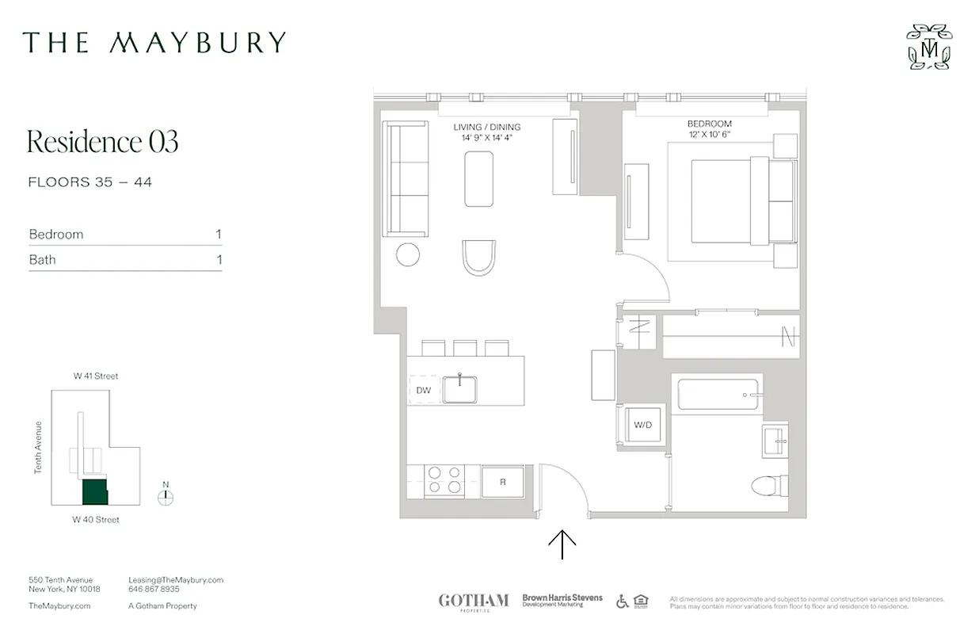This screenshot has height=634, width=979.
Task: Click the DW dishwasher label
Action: click(x=423, y=390)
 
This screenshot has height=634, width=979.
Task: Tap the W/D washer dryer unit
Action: click(x=642, y=426)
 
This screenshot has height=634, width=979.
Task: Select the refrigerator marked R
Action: click(x=502, y=481)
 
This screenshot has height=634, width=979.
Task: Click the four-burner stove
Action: click(x=444, y=481)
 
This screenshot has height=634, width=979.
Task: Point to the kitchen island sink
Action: click(x=459, y=389)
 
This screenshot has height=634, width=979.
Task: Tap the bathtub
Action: click(x=719, y=394)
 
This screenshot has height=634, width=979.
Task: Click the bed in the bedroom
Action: click(x=741, y=201)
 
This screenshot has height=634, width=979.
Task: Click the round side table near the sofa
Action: click(x=408, y=254)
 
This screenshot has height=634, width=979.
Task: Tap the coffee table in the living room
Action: click(x=479, y=178)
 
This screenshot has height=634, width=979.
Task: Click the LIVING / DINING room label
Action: click(x=486, y=127)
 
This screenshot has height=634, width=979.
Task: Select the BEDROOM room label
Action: click(x=709, y=124)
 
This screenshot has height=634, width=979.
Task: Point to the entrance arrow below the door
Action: click(x=562, y=544)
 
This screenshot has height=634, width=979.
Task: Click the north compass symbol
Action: click(x=166, y=497)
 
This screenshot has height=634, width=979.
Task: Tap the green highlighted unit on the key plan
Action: click(x=95, y=491)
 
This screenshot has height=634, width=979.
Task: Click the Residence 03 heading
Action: click(x=103, y=142)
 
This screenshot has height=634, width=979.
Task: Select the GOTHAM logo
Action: click(x=473, y=601)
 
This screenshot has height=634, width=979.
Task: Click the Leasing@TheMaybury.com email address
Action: click(x=176, y=580)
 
